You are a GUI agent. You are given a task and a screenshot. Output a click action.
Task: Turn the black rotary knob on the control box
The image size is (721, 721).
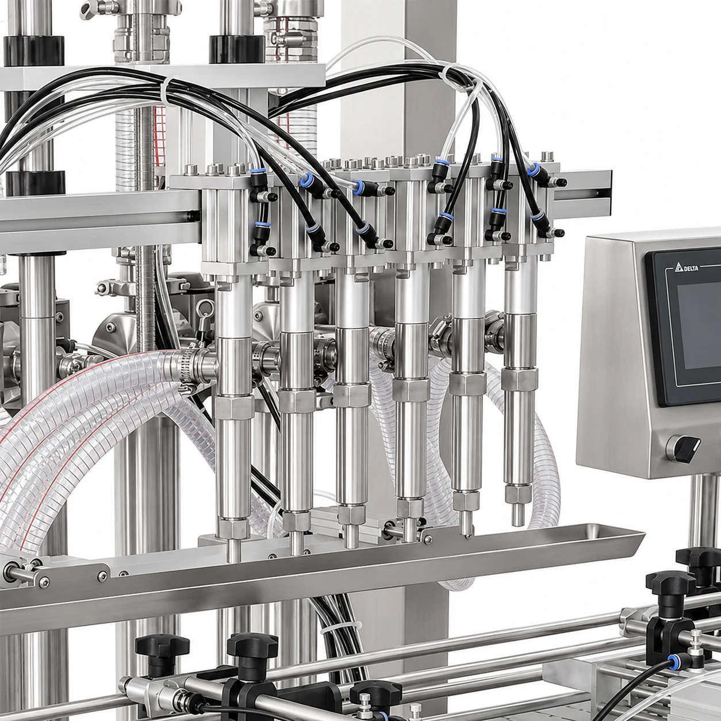pos(684,448)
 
